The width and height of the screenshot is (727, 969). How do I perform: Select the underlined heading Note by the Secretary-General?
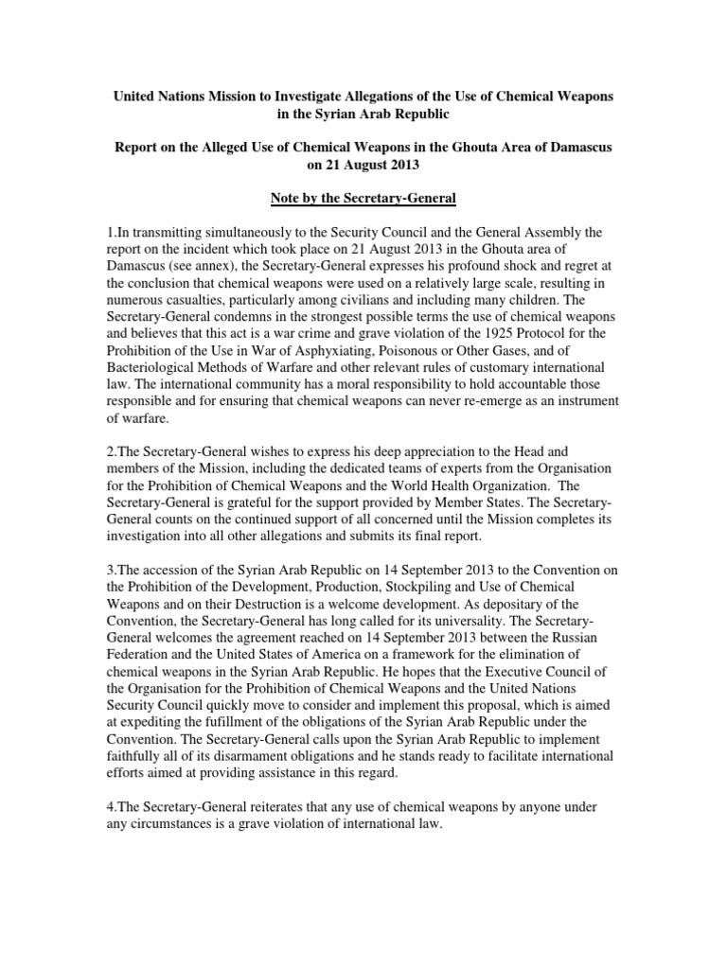tap(363, 196)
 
